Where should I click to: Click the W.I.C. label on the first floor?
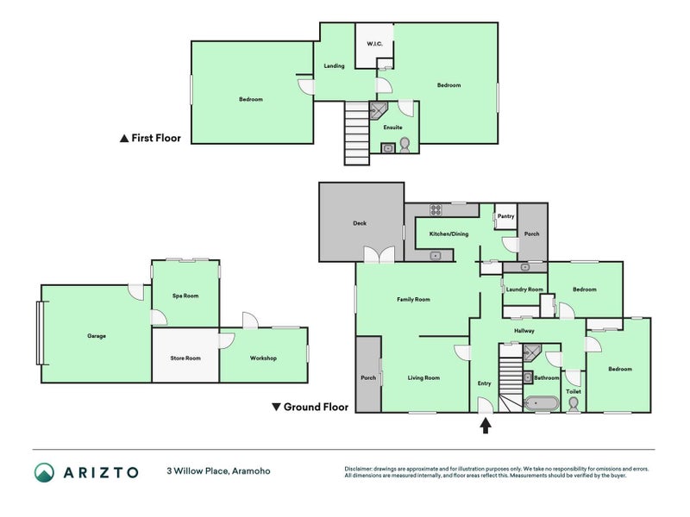(374, 44)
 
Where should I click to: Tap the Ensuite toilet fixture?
(405, 145)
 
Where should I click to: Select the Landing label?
(334, 66)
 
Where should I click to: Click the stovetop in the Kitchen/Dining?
(436, 209)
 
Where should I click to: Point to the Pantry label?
(505, 216)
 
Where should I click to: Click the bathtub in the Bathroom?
(542, 403)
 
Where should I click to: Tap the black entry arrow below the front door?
(486, 426)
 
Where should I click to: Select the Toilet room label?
(574, 391)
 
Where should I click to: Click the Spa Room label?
(185, 296)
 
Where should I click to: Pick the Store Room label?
(185, 358)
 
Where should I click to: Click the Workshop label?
(263, 358)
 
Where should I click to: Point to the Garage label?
(97, 336)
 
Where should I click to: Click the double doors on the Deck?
(379, 255)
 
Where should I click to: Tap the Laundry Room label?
(524, 290)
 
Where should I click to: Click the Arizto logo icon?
(45, 472)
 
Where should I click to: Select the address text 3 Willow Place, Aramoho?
(218, 471)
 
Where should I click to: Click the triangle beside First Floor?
(124, 139)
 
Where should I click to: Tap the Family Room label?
(413, 300)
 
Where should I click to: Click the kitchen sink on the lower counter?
(436, 255)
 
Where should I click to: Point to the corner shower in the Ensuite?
(378, 110)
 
